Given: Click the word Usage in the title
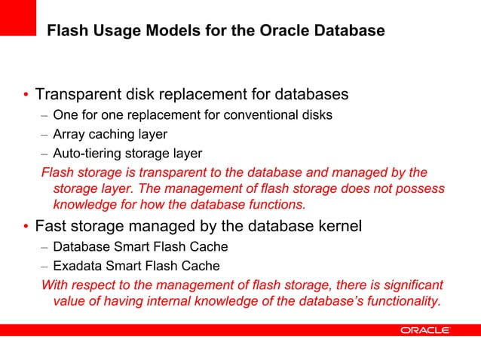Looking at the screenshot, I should [x=106, y=32].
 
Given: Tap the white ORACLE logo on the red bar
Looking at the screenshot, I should [x=425, y=330].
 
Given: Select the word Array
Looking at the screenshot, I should [x=68, y=135].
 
